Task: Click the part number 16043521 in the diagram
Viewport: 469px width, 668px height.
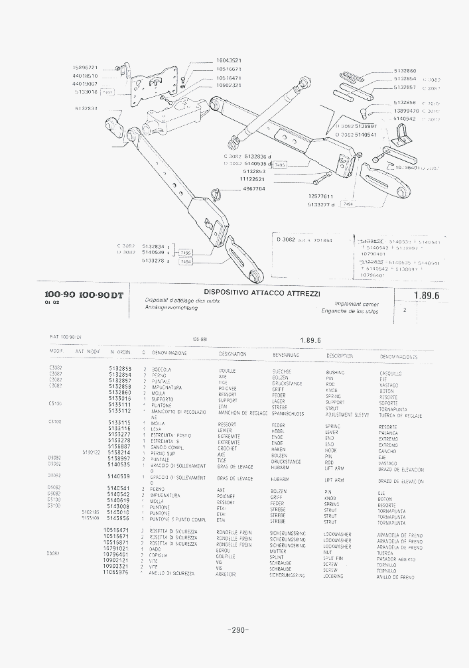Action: point(229,60)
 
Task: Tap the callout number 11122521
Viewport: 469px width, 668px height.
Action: point(252,179)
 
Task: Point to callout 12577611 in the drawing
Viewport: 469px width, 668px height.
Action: point(320,196)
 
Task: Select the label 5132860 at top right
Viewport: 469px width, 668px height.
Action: point(405,70)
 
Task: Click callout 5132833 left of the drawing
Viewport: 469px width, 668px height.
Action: point(86,107)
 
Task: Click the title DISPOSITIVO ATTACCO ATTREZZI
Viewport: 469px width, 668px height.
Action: point(262,293)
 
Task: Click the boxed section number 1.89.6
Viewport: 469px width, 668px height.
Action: point(427,296)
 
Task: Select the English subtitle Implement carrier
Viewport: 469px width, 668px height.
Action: point(356,304)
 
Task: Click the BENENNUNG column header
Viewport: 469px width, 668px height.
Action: point(287,355)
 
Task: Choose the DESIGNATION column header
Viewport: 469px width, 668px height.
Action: point(233,355)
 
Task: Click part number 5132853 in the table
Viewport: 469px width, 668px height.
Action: point(120,369)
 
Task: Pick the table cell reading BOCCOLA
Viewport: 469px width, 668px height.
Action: point(161,369)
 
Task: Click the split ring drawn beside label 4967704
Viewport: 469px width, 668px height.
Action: point(216,194)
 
